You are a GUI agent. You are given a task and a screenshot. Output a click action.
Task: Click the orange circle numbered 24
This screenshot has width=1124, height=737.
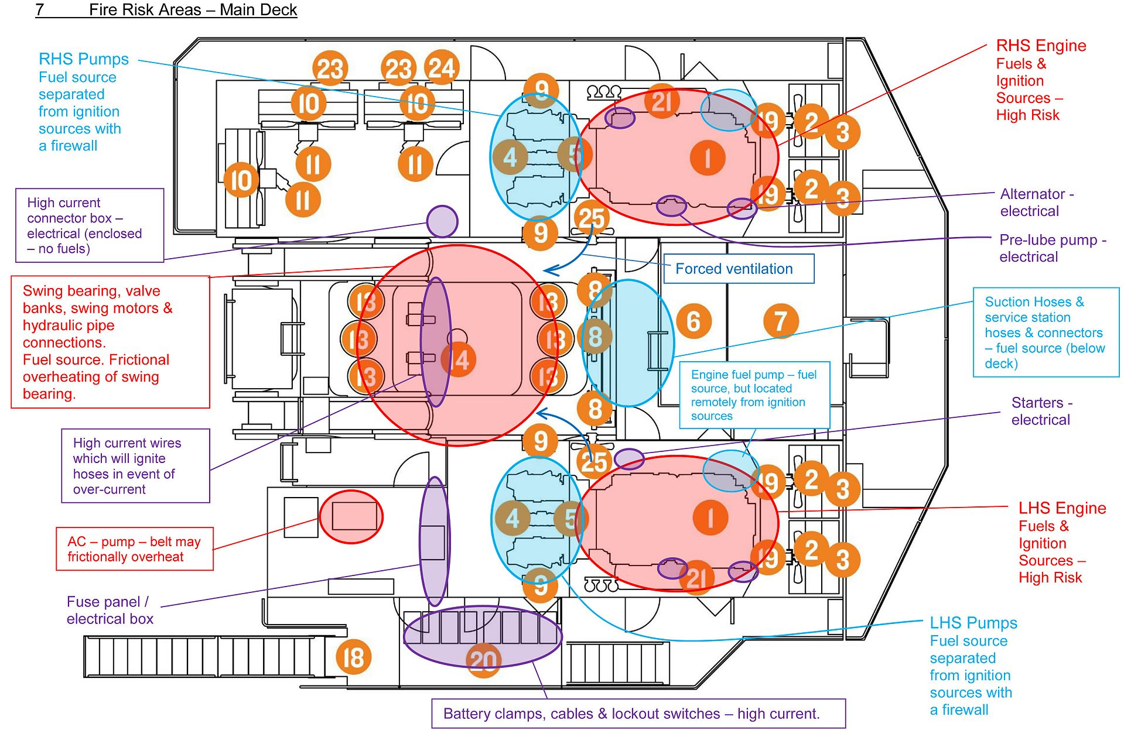[442, 68]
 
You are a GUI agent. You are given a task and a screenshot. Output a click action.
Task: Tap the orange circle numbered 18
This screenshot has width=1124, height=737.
[353, 657]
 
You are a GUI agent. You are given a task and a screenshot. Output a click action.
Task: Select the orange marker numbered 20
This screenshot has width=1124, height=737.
[484, 660]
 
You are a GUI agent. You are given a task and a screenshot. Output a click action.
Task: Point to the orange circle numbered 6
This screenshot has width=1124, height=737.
[693, 321]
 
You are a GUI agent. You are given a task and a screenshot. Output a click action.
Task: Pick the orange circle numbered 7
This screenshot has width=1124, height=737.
[781, 321]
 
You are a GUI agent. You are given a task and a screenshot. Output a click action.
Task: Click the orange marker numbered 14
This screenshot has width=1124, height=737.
[459, 360]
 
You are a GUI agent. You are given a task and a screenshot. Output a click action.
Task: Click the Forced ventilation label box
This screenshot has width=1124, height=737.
[738, 269]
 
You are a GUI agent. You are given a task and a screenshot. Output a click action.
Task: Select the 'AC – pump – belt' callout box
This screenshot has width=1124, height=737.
[134, 549]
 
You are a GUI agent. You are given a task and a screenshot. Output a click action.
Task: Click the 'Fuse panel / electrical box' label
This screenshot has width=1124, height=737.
[110, 610]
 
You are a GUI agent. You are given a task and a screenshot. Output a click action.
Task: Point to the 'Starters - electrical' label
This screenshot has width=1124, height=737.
[1041, 411]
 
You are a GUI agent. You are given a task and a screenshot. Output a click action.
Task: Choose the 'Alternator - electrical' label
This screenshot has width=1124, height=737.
[1036, 203]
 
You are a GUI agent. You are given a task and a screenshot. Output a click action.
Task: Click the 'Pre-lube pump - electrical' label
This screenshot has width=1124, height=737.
[1052, 248]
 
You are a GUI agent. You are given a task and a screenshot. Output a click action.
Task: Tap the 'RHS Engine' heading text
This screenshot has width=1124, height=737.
[1041, 46]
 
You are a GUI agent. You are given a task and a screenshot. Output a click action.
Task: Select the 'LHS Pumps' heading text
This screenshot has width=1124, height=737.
[973, 623]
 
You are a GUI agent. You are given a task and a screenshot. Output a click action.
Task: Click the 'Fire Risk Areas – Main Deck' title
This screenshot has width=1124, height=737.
[193, 10]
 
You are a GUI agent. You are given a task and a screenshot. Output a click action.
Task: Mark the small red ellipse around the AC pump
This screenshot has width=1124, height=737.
[351, 517]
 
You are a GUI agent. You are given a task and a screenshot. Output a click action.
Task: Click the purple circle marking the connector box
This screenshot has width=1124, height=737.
[442, 221]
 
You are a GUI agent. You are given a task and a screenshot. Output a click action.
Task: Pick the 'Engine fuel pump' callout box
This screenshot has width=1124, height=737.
[754, 395]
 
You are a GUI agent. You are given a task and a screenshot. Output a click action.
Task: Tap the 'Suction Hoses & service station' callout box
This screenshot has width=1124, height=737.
[1046, 332]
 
